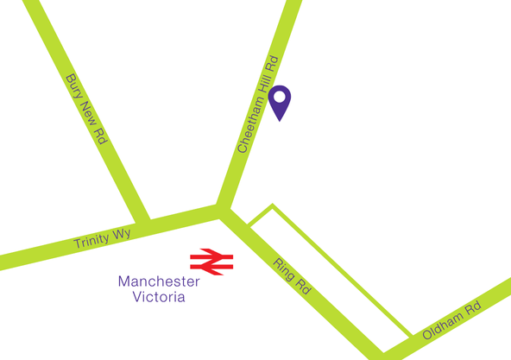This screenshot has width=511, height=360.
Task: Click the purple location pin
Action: (x=281, y=103)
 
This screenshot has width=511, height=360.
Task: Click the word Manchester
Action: (x=159, y=281)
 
